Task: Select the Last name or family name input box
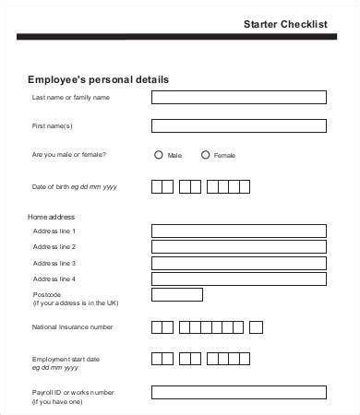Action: [238, 97]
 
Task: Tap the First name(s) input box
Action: [238, 125]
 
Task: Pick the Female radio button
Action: [205, 155]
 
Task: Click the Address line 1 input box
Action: [238, 231]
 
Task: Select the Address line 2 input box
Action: [238, 247]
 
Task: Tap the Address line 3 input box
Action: [238, 263]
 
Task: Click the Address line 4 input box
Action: [238, 279]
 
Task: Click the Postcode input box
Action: [176, 295]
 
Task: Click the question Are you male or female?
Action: [69, 155]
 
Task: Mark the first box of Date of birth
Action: [156, 187]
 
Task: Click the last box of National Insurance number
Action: [256, 326]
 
